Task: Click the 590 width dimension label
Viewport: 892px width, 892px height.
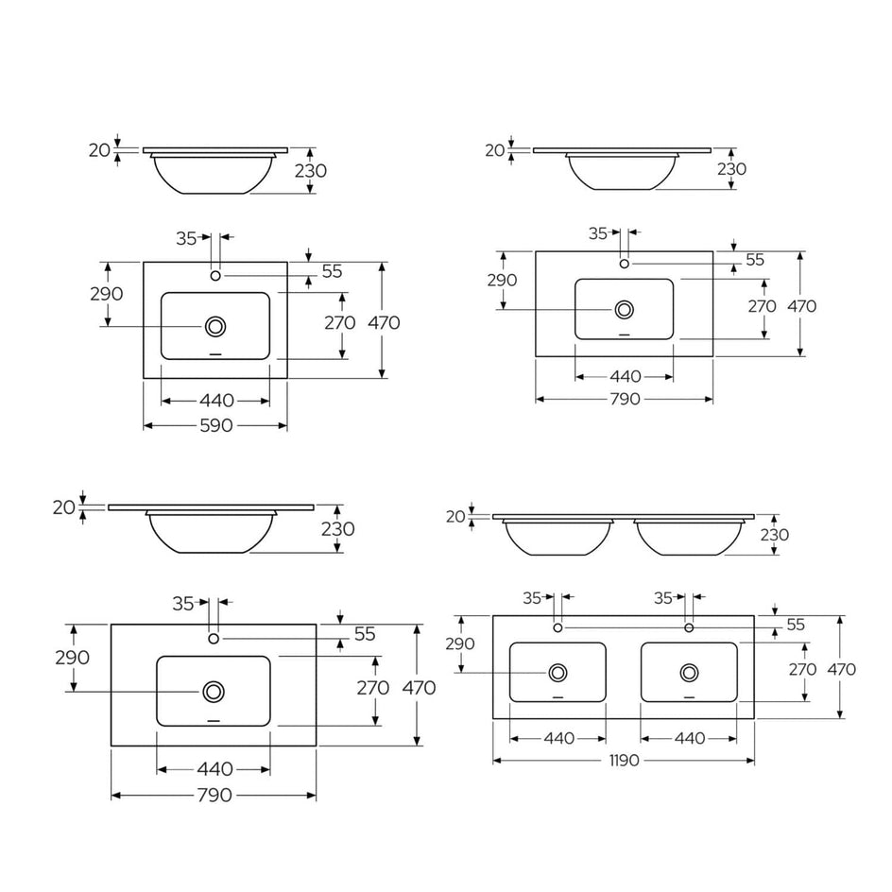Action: coord(216,425)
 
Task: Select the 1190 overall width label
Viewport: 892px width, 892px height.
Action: coord(624,761)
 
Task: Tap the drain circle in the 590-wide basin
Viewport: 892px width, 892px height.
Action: coord(215,327)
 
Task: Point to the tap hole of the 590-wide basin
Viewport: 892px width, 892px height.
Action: coord(215,276)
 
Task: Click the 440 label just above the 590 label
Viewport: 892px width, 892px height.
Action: coord(216,401)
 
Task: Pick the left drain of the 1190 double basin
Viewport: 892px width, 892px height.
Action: coord(558,673)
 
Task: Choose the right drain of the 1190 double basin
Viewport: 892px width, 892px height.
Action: coord(690,673)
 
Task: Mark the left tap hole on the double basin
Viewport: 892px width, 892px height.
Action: coord(558,627)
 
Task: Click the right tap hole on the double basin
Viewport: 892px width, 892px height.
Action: coord(689,627)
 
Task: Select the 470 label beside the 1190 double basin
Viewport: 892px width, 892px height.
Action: coord(842,669)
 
